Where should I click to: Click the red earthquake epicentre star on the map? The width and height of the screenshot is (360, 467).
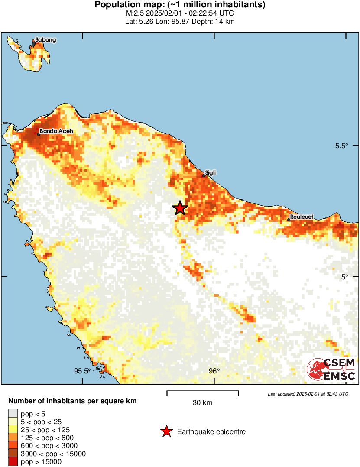coord(180,208)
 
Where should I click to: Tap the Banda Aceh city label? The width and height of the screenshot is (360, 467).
coord(56,131)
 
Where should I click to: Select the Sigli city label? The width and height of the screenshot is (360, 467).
coord(211,173)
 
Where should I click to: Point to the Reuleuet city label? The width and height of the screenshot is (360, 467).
coord(302,217)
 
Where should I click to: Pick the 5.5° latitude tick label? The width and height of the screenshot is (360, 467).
coord(341,146)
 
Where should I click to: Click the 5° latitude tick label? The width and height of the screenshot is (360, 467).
coord(344,277)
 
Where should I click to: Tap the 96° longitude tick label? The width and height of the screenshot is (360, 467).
coord(214,371)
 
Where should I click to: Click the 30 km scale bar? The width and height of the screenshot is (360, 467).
coord(202,393)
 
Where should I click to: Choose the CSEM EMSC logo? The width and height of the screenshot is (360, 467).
coord(331,370)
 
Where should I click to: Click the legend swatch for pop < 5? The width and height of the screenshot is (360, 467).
coord(13,414)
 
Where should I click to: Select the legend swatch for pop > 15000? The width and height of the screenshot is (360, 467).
coord(13,462)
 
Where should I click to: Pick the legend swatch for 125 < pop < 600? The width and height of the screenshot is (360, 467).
coord(13,438)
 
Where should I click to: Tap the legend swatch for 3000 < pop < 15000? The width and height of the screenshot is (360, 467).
coord(13,454)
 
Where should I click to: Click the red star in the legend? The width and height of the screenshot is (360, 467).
coord(166,431)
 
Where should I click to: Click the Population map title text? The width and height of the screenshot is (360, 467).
coord(180,5)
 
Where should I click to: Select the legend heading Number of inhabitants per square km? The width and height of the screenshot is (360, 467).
coord(72,401)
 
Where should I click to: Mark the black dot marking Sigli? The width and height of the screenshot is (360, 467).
coord(204,176)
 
